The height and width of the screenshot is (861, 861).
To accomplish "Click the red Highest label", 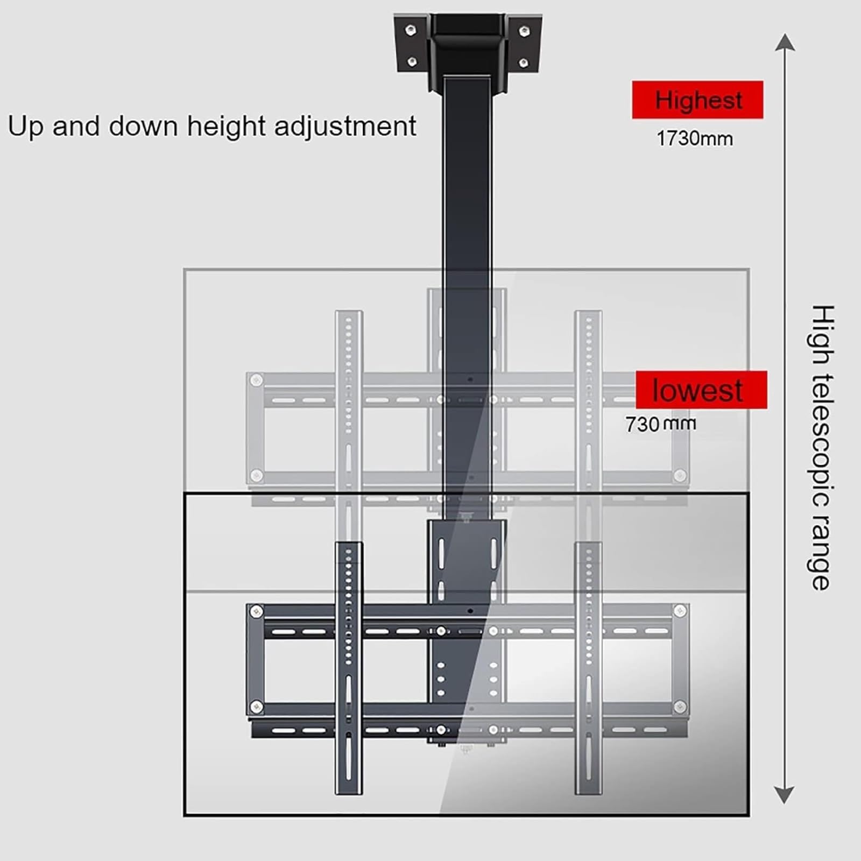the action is pos(697,100).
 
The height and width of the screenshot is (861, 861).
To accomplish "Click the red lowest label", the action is pos(701,390).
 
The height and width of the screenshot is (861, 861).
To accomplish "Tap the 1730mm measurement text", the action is pos(695,139).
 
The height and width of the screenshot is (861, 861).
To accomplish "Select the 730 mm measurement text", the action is pos(660,424).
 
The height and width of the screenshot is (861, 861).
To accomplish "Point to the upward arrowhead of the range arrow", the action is pos(785,42).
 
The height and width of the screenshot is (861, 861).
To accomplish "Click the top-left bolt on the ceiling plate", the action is pos(411,29).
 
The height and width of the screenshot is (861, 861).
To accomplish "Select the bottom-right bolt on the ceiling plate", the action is pos(523,63).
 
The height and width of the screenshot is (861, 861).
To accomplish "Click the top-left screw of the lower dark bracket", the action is pos(257,611).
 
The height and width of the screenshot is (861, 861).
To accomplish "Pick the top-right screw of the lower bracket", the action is pos(680,611).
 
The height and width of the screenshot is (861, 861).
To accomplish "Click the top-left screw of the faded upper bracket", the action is pos(257,380).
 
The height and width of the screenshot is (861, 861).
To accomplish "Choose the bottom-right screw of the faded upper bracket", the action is pos(680,476).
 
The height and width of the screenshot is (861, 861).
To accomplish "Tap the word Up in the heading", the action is pos(26,127).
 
